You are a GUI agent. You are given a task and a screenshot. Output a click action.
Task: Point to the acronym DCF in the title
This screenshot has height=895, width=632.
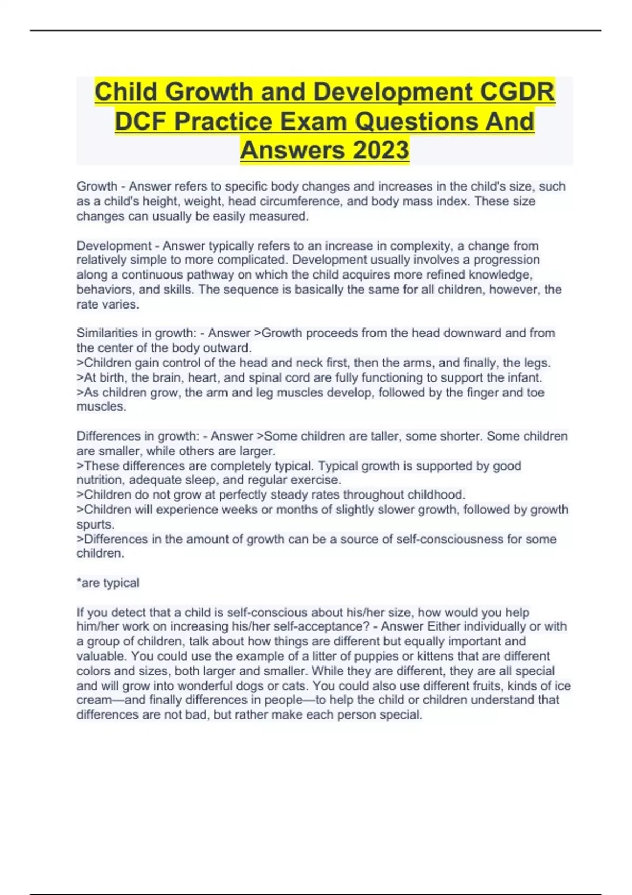141,121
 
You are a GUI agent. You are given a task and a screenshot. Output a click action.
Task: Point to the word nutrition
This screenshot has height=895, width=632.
101,480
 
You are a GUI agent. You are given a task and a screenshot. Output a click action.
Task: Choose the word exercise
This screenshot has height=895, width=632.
318,480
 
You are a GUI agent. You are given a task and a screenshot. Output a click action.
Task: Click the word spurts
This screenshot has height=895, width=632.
95,524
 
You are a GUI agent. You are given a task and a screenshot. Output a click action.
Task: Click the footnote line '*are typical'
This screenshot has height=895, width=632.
108,583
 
